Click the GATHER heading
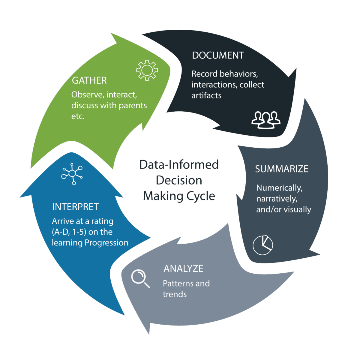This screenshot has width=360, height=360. (x=89, y=80)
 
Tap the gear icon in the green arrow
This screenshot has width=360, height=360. (x=147, y=70)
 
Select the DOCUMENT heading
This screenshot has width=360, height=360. (x=218, y=55)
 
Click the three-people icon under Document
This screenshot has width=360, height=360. (x=266, y=120)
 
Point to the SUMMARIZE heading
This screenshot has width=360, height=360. (x=282, y=169)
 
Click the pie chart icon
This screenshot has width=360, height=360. (x=263, y=245)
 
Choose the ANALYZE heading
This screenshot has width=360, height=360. (x=183, y=268)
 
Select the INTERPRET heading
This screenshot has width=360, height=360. (x=76, y=207)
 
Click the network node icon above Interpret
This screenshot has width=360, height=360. (x=72, y=174)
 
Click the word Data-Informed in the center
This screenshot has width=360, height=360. (x=179, y=165)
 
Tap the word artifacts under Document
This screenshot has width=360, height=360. (x=206, y=96)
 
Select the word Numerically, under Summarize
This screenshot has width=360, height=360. (x=279, y=188)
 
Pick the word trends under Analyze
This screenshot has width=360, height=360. (x=175, y=294)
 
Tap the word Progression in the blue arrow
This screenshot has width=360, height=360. (x=106, y=243)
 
